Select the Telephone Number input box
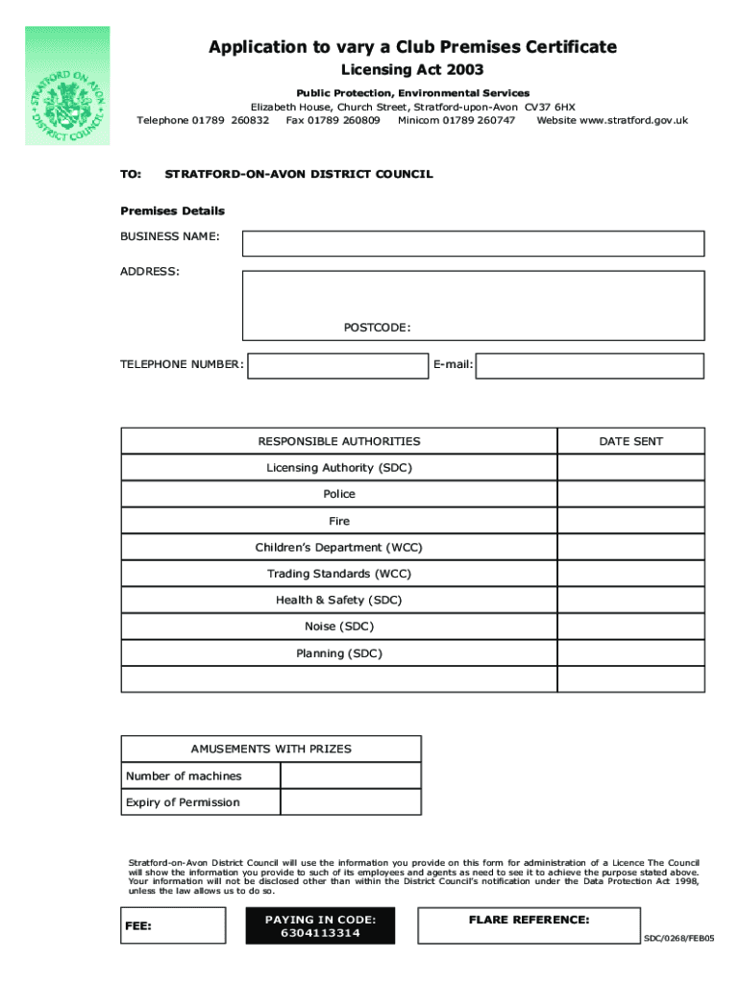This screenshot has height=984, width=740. click(x=337, y=365)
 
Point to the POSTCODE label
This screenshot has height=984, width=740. click(x=378, y=328)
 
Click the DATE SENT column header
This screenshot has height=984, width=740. click(x=630, y=441)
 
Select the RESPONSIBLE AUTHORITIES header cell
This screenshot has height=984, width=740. click(x=339, y=441)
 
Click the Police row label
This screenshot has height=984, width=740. click(x=339, y=494)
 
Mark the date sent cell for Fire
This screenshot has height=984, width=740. click(x=630, y=521)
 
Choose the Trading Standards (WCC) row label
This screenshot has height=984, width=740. click(x=339, y=574)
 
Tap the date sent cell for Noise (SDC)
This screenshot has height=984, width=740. click(x=630, y=627)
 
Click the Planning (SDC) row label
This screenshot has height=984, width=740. click(x=339, y=653)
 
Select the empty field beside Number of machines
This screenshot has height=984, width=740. click(x=350, y=775)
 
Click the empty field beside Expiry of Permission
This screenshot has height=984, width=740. click(x=350, y=802)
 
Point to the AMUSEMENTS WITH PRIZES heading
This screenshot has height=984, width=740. click(x=271, y=749)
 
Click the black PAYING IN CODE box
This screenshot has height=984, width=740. click(x=320, y=925)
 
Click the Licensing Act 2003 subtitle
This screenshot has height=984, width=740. click(x=413, y=69)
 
